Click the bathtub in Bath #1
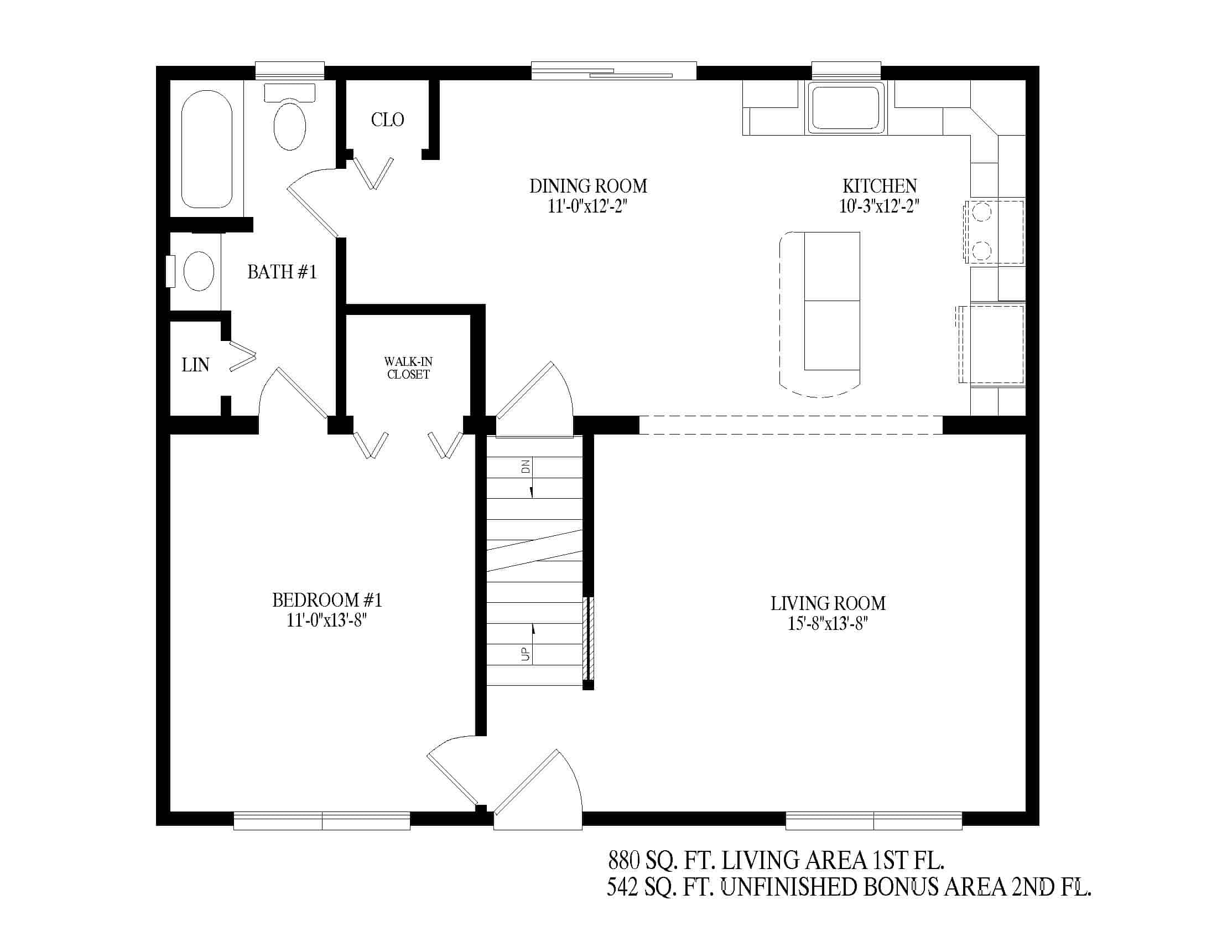pyautogui.click(x=207, y=149)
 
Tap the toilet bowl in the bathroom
pyautogui.click(x=290, y=126)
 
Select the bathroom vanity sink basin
pyautogui.click(x=199, y=271)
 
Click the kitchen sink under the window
pyautogui.click(x=846, y=107)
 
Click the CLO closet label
pyautogui.click(x=387, y=120)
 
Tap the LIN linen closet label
pyautogui.click(x=195, y=365)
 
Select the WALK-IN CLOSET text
pyautogui.click(x=408, y=368)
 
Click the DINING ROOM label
pyautogui.click(x=588, y=185)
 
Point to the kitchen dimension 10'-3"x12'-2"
pyautogui.click(x=879, y=206)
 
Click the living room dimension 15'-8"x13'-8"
pyautogui.click(x=828, y=623)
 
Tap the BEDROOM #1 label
pyautogui.click(x=327, y=600)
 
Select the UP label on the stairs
pyautogui.click(x=526, y=654)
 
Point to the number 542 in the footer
pyautogui.click(x=622, y=887)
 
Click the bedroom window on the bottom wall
pyautogui.click(x=321, y=820)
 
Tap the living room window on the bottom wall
pyautogui.click(x=873, y=820)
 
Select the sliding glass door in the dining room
pyautogui.click(x=613, y=71)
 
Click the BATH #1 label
pyautogui.click(x=282, y=271)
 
